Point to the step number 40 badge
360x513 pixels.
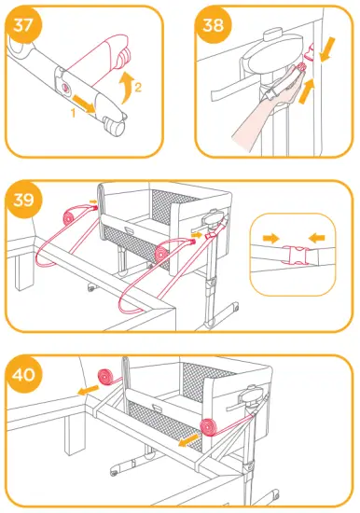tap(26, 377)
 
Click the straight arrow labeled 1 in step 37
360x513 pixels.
tap(86, 99)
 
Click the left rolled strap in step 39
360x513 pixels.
tap(67, 215)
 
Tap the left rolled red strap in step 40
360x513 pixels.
tap(109, 378)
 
